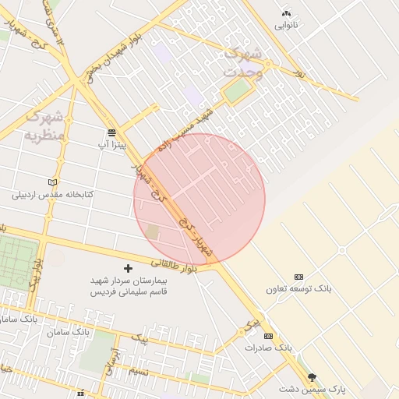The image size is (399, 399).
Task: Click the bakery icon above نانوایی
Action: coord(286,13)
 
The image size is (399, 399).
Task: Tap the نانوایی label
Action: coord(286,25)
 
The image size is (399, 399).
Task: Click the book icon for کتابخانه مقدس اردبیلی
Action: coord(52,182)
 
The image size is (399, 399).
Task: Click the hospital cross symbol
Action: coord(129,268)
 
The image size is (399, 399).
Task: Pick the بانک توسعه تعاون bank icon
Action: coord(298,277)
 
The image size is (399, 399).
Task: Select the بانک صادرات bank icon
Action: coord(269,336)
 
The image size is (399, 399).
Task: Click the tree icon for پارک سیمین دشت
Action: coord(312,376)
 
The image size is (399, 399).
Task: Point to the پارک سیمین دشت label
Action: coord(312,388)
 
